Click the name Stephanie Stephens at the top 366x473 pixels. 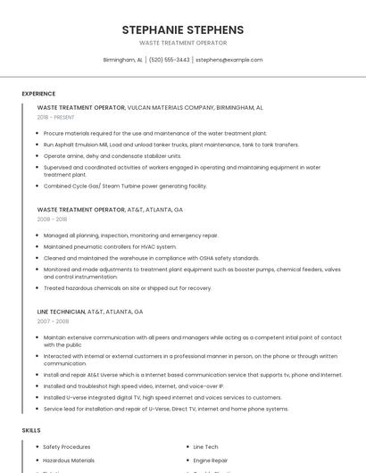pyautogui.click(x=182, y=29)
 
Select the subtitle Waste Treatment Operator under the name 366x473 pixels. pyautogui.click(x=182, y=43)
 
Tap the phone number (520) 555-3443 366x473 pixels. pyautogui.click(x=169, y=60)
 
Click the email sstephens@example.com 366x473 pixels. pyautogui.click(x=229, y=60)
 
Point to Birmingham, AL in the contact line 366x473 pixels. pyautogui.click(x=122, y=60)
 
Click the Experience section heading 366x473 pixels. pyautogui.click(x=38, y=94)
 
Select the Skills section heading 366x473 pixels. pyautogui.click(x=31, y=430)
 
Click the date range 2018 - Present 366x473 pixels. pyautogui.click(x=56, y=117)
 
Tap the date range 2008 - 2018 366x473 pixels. pyautogui.click(x=52, y=219)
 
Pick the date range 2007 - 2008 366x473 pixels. pyautogui.click(x=52, y=321)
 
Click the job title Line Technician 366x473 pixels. pyautogui.click(x=62, y=312)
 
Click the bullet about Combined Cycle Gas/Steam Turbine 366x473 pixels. pyautogui.click(x=125, y=186)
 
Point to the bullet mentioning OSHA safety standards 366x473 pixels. pyautogui.click(x=151, y=257)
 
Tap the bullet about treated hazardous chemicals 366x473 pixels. pyautogui.click(x=127, y=288)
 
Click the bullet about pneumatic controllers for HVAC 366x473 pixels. pyautogui.click(x=110, y=246)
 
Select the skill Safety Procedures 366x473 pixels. pyautogui.click(x=66, y=446)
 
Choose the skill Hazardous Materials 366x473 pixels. pyautogui.click(x=69, y=461)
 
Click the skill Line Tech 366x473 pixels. pyautogui.click(x=205, y=446)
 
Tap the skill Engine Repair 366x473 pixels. pyautogui.click(x=212, y=461)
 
